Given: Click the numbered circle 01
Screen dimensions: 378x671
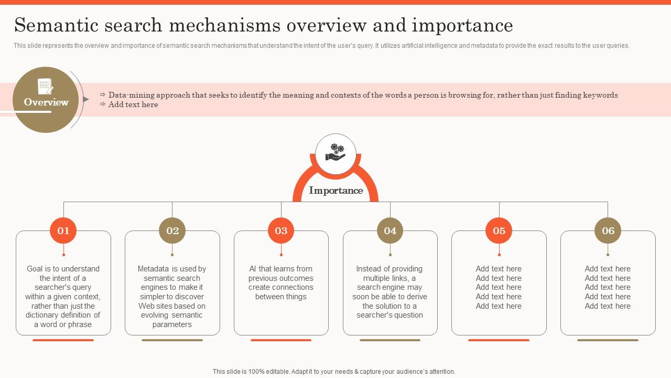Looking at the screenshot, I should pos(63,230).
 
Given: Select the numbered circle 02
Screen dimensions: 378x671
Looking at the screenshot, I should pos(172,230).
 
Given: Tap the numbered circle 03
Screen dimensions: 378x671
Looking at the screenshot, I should pos(281,230).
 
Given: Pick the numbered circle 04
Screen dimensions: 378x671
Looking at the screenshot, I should pos(390,230).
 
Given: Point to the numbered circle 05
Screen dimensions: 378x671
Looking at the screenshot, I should pos(499,230).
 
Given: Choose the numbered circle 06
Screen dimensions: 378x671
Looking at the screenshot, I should pos(608,230).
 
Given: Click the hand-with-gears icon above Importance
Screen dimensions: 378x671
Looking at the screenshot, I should pos(335,153).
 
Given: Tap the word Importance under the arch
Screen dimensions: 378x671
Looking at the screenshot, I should pos(335,191).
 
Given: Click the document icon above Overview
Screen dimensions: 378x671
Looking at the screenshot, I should pos(46,86).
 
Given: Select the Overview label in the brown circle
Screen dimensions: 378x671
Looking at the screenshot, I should pos(46,102).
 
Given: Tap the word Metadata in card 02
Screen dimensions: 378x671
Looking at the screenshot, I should pos(154,269).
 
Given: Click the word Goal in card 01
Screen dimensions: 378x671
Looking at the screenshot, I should pos(35,269).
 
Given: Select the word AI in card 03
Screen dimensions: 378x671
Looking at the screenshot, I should pos(253,269).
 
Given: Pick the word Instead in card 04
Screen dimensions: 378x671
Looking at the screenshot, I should pos(370,269).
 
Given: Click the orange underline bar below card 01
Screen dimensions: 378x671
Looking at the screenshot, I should pos(63,340).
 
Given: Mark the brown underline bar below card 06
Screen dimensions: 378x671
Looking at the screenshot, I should pos(608,340).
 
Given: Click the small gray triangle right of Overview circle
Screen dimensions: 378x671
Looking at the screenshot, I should pos(86,99).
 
